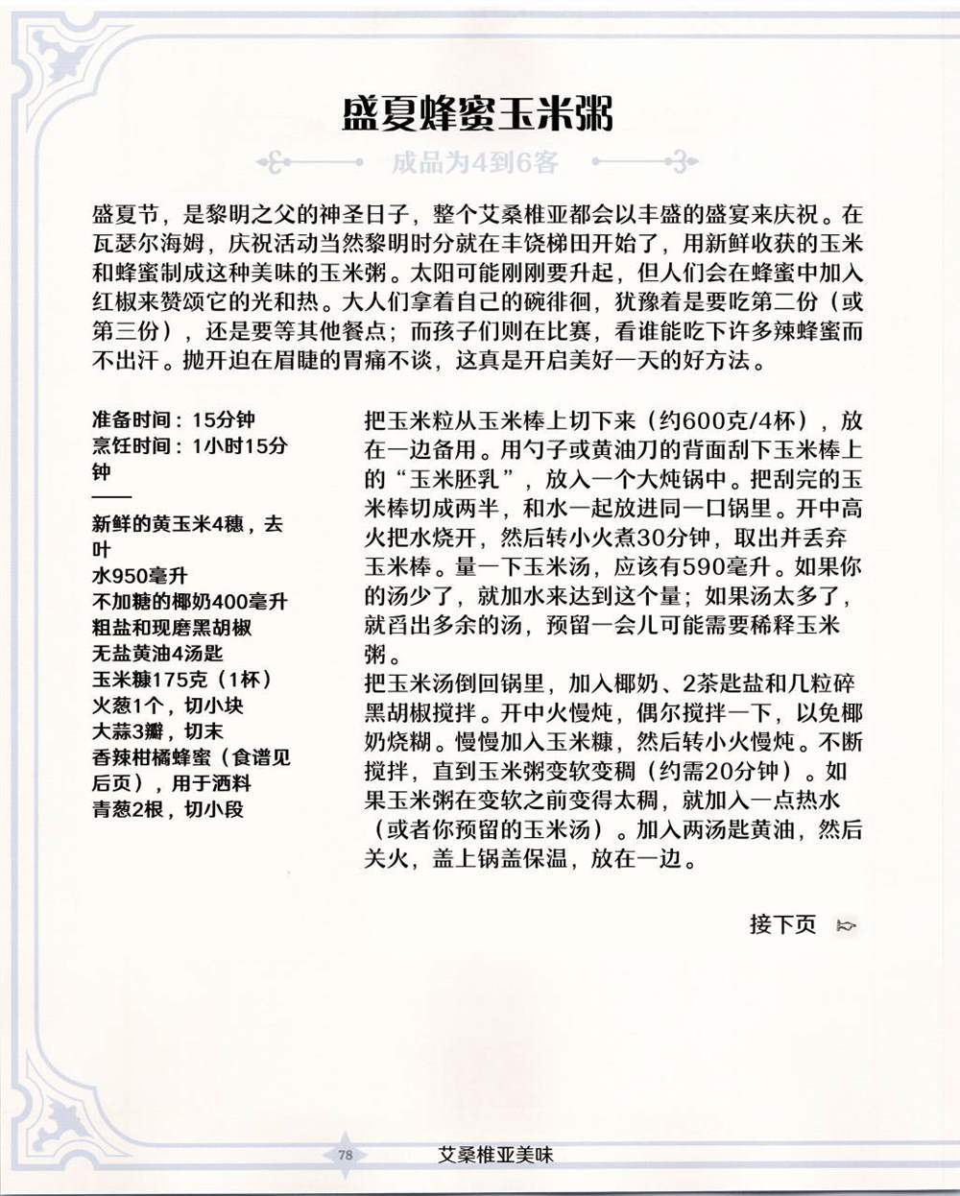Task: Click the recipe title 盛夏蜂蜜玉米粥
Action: (478, 114)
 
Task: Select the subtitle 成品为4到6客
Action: (474, 162)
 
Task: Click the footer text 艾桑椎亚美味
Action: (494, 1155)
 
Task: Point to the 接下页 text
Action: (782, 924)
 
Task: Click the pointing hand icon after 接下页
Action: (847, 925)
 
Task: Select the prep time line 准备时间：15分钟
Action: (174, 419)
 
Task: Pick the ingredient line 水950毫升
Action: (140, 576)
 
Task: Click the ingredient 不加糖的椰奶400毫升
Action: (189, 602)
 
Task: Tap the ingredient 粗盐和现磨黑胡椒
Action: (172, 628)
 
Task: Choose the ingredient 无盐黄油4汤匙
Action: (157, 654)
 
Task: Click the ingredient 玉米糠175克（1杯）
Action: (182, 680)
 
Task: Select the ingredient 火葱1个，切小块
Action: (168, 706)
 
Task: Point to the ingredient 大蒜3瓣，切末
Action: (157, 731)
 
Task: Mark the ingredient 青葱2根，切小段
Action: (168, 809)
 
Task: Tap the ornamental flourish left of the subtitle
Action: (288, 162)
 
